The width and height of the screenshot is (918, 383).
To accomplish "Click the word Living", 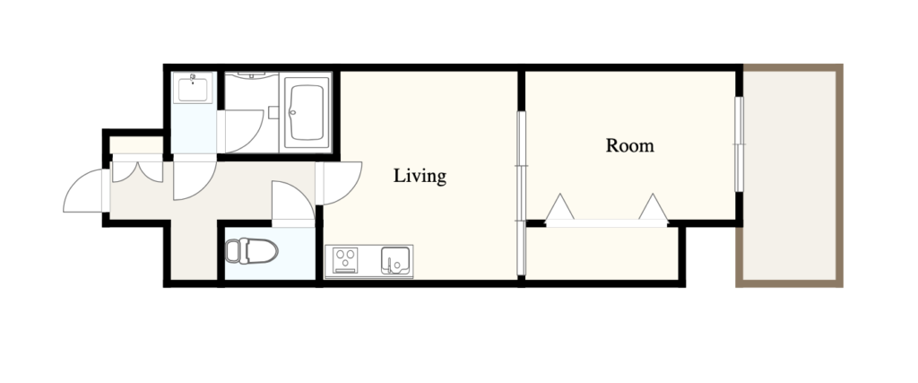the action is (420, 176).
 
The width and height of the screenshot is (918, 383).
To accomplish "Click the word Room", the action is (629, 145).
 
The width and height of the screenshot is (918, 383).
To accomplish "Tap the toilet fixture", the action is (251, 251).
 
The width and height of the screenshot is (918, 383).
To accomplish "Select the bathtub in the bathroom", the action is (307, 112).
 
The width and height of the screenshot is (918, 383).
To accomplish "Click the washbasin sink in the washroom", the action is (193, 88).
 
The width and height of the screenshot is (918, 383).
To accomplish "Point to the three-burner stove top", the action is (345, 261).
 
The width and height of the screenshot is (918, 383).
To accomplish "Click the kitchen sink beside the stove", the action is (395, 261).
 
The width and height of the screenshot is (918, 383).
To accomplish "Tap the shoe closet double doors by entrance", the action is (137, 171).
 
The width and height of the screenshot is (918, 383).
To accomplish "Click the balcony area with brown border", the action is (790, 176).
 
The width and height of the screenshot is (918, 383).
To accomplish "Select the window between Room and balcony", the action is (739, 144).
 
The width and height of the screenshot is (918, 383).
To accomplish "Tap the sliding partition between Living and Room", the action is (521, 193).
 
